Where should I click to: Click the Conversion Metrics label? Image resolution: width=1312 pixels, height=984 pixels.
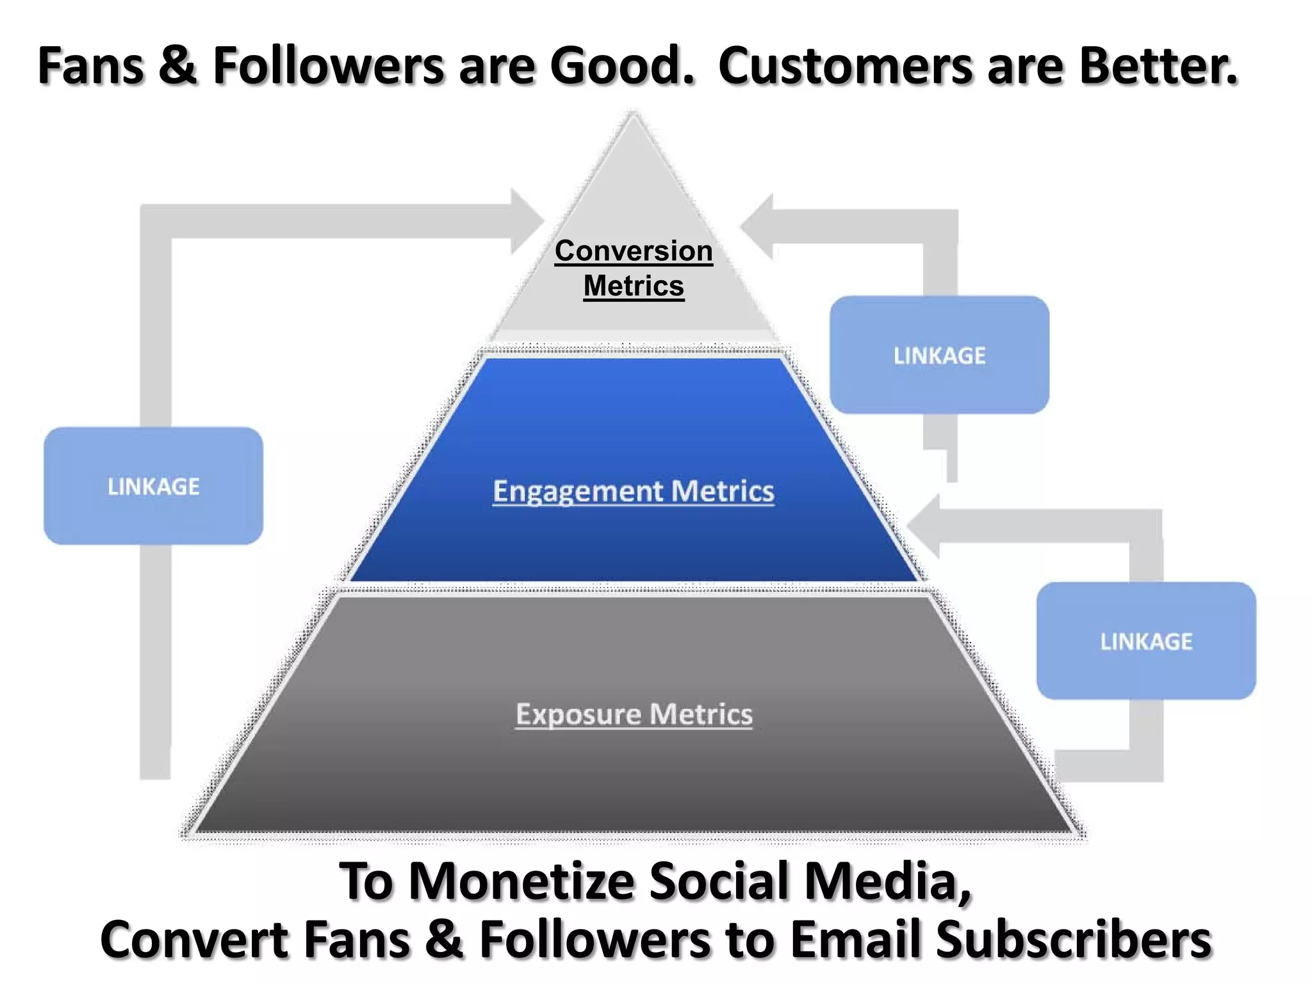tap(634, 268)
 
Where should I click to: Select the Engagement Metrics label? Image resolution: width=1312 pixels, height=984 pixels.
tap(633, 491)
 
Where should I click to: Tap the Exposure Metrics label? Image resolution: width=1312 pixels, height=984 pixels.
tap(634, 714)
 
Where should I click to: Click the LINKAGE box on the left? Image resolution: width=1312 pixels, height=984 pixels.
tap(153, 486)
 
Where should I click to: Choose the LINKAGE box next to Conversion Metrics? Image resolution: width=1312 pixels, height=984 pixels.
tap(939, 355)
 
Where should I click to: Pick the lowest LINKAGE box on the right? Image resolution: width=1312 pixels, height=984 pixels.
tap(1146, 641)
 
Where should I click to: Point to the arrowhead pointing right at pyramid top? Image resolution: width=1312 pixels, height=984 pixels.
tap(529, 222)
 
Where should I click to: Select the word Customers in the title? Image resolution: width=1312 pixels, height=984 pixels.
tap(846, 65)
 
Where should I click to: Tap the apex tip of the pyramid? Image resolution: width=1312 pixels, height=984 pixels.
tap(634, 115)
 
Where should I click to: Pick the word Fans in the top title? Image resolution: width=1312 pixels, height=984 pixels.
tap(90, 65)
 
